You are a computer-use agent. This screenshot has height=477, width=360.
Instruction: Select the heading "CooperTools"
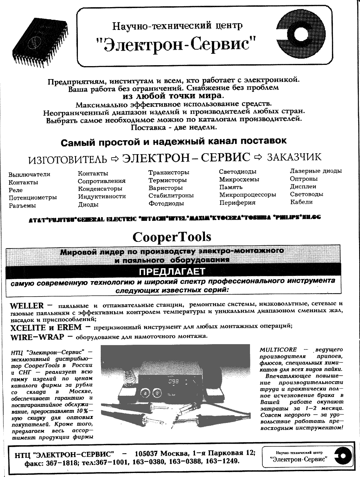pyautogui.click(x=172, y=237)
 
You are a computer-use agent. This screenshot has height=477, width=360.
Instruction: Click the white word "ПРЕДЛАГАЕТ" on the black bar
pyautogui.click(x=172, y=272)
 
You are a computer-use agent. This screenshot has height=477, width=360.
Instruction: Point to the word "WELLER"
pyautogui.click(x=27, y=306)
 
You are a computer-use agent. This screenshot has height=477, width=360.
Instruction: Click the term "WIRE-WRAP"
pyautogui.click(x=37, y=337)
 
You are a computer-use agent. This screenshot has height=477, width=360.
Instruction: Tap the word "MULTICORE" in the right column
pyautogui.click(x=278, y=350)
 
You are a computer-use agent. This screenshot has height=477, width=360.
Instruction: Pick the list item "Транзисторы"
pyautogui.click(x=169, y=172)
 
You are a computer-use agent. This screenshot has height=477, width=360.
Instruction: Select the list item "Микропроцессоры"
pyautogui.click(x=248, y=195)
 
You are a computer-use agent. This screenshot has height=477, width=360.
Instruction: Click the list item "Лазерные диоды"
pyautogui.click(x=316, y=171)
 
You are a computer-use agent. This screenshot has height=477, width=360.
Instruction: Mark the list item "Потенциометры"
pyautogui.click(x=32, y=198)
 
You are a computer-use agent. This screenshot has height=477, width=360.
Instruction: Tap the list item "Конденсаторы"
pyautogui.click(x=100, y=188)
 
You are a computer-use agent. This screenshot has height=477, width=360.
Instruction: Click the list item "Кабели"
pyautogui.click(x=301, y=202)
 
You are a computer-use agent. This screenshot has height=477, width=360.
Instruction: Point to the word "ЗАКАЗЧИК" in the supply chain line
pyautogui.click(x=294, y=157)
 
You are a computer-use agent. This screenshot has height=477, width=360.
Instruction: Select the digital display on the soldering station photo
pyautogui.click(x=173, y=382)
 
